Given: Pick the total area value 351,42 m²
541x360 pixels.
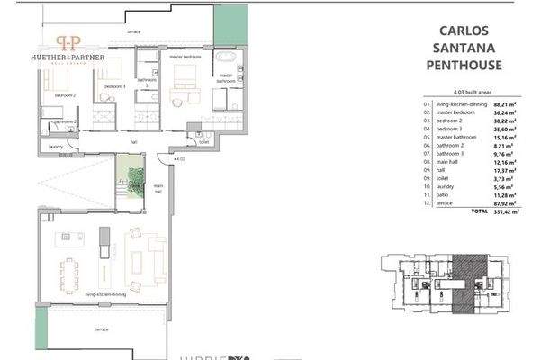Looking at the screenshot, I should pos(498,211).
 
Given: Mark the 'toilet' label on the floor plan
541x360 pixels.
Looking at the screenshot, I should pos(204,141).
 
